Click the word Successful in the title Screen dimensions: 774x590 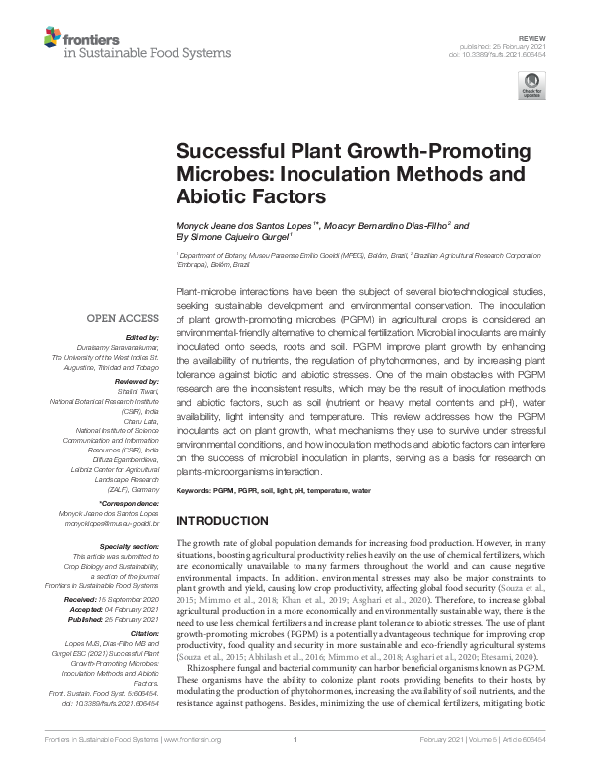point(225,155)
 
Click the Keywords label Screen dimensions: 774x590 point(196,491)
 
